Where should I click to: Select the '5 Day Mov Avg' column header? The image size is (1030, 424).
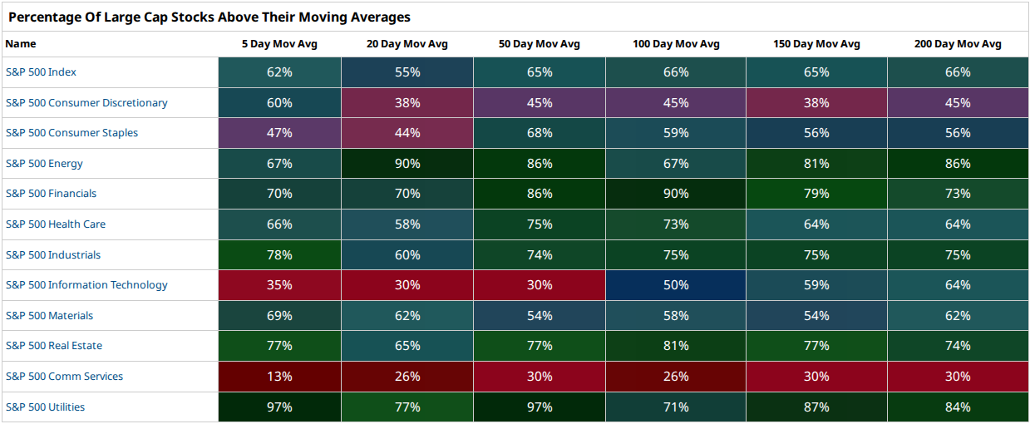coord(279,44)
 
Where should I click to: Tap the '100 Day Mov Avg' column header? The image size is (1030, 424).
coord(676,44)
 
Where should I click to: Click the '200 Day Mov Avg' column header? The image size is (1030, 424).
coord(958,44)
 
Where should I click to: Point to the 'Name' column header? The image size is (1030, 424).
coord(21,44)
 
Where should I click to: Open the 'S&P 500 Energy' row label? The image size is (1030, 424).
coord(44,163)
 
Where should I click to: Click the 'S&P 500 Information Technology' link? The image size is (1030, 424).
coord(86,285)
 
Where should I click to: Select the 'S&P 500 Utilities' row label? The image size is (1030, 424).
coord(45,407)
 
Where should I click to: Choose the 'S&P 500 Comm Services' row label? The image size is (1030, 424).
coord(64,376)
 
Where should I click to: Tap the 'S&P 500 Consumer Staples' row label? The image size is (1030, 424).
coord(71,133)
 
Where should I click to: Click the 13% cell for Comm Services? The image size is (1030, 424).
coord(279,376)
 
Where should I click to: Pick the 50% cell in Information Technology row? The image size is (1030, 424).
coord(676,285)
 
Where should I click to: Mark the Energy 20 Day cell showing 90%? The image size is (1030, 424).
coord(407,163)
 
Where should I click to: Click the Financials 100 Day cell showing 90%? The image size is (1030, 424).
coord(676,194)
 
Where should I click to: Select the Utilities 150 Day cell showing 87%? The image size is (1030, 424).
coord(816,407)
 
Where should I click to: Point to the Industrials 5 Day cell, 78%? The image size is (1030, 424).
coord(279,254)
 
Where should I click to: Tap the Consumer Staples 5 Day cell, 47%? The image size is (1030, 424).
coord(279,133)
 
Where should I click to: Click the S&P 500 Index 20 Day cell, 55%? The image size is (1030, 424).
coord(407,72)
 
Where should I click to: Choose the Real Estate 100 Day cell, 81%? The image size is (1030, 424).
coord(676,346)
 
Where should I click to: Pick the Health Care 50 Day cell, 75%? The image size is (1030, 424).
coord(540,224)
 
